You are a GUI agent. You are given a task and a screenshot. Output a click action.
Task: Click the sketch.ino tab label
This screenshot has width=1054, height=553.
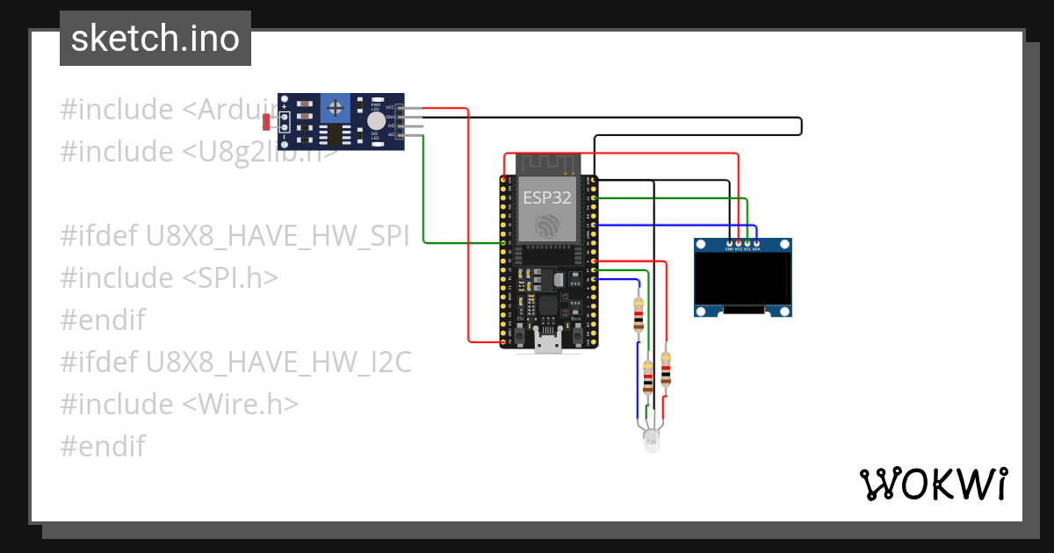[x=155, y=39]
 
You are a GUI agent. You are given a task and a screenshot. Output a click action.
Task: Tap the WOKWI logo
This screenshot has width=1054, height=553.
[x=932, y=484]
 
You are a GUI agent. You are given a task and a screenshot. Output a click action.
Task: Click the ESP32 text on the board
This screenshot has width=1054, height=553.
[x=547, y=197]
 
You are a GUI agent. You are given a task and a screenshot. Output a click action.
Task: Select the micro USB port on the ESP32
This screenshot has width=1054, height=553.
[x=549, y=342]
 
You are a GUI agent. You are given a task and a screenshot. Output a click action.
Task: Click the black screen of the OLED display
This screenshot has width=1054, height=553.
[x=743, y=278]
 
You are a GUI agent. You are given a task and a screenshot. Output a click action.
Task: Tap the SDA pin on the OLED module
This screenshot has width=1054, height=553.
[x=756, y=242]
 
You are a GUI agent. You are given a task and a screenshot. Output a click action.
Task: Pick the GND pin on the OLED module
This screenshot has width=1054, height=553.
[x=729, y=242]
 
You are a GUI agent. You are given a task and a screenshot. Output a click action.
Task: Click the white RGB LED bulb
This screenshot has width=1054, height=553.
[x=651, y=441]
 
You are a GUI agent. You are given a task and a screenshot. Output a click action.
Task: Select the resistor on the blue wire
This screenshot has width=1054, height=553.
[x=639, y=314]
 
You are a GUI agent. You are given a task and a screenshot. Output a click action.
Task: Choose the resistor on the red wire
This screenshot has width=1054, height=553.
[x=666, y=369]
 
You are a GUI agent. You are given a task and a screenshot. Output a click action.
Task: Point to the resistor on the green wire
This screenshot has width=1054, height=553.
[x=648, y=377]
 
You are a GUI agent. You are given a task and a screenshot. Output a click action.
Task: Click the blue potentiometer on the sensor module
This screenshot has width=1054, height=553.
[x=334, y=109]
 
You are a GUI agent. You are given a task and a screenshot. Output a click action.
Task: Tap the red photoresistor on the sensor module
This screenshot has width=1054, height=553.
[x=266, y=122]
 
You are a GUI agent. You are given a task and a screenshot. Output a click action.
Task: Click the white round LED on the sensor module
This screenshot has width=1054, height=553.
[x=376, y=121]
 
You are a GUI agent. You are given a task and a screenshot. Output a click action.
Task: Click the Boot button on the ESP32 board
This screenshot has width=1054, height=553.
[x=577, y=336]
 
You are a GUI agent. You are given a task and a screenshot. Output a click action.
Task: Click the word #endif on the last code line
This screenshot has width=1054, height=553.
[x=102, y=446]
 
